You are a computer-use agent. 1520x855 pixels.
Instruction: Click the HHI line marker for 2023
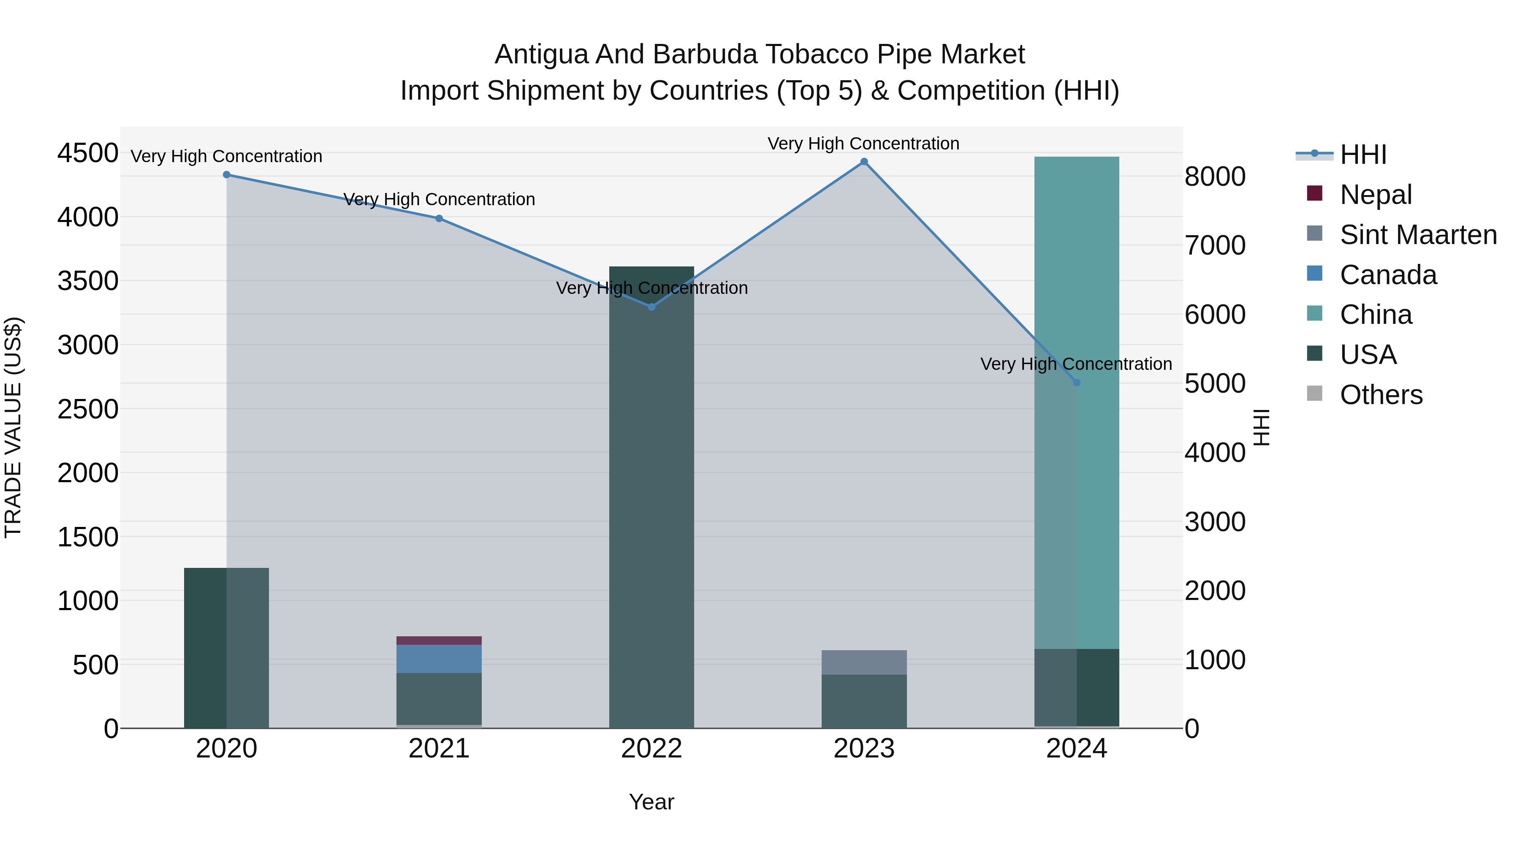click(864, 162)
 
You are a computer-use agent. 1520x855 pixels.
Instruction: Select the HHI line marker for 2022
click(651, 307)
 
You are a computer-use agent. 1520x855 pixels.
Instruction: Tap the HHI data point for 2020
click(227, 175)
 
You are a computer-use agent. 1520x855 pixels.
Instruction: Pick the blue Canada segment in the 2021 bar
click(439, 659)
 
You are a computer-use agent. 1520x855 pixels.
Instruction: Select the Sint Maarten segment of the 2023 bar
click(864, 662)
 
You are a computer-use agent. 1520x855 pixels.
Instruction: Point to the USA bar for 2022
click(651, 502)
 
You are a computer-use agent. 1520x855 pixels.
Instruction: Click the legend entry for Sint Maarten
click(1418, 235)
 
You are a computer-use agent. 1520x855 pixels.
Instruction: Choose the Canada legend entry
click(1388, 275)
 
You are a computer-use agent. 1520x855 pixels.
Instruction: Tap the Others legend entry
click(1381, 395)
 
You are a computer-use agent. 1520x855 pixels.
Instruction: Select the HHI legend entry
click(1363, 155)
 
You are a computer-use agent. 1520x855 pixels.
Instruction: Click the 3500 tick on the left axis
click(87, 281)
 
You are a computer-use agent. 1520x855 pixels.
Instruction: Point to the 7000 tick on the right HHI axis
click(1215, 245)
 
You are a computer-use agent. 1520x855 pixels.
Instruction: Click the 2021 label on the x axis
click(439, 749)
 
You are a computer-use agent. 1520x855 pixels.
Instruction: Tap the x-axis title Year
click(651, 802)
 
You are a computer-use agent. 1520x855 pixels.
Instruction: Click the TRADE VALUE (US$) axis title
click(13, 427)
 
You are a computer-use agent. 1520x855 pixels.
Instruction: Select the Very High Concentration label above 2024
click(1076, 364)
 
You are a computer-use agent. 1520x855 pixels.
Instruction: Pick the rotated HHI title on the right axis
click(1261, 427)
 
